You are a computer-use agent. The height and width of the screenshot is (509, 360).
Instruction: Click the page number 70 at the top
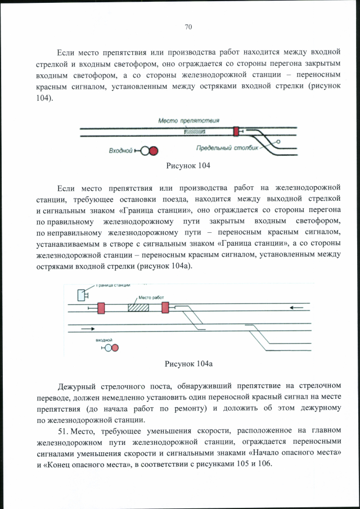tap(188, 26)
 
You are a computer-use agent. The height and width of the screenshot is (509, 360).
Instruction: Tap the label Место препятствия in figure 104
tap(188, 120)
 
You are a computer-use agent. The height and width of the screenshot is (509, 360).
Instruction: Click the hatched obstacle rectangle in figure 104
tap(194, 132)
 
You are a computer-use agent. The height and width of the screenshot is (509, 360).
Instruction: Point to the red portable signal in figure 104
tap(236, 132)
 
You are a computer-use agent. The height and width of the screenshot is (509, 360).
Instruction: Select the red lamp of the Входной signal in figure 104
tap(153, 151)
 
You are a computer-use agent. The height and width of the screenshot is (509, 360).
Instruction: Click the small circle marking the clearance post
tap(278, 142)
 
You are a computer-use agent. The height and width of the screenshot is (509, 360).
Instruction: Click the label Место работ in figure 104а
tap(147, 298)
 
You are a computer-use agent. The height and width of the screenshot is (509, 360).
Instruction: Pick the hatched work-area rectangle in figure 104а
tap(138, 307)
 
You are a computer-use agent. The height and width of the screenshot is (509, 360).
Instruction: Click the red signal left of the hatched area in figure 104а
tap(101, 308)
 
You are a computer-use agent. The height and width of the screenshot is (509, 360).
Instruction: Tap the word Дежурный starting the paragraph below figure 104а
tap(78, 386)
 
